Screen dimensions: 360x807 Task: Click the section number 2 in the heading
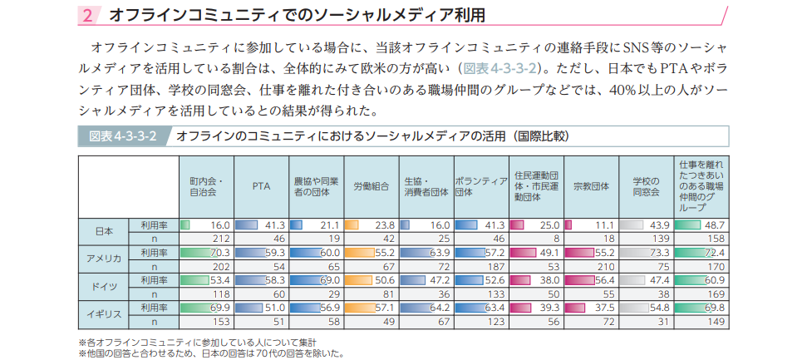[89, 15]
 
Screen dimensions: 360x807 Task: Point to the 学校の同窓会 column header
[646, 186]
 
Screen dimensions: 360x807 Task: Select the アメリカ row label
[104, 259]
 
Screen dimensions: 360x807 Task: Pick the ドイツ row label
[104, 286]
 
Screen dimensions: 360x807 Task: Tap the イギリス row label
[104, 313]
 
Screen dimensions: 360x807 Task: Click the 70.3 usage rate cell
[206, 252]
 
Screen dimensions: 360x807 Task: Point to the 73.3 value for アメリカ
[646, 252]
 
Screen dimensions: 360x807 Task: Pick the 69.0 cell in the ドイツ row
[316, 279]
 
